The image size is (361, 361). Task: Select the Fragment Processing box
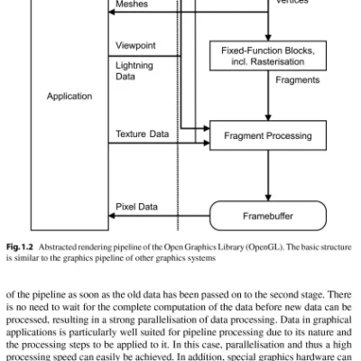tap(268, 136)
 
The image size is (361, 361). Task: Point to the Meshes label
tap(132, 5)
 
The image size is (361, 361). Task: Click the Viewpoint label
tap(135, 44)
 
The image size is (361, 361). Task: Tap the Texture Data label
tap(142, 134)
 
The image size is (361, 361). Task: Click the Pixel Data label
tap(136, 207)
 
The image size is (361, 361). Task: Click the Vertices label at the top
tap(292, 3)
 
